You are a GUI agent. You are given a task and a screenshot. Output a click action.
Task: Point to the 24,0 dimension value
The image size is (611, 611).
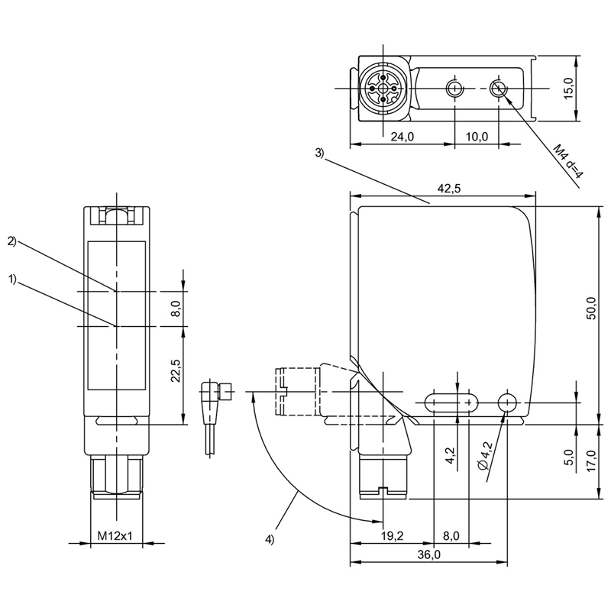point(400,137)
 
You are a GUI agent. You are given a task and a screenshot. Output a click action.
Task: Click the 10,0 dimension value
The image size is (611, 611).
point(477,137)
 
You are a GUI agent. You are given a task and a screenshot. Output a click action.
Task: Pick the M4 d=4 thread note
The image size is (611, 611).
point(567,161)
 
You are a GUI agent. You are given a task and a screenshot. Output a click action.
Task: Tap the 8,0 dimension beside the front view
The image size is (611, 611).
point(175,309)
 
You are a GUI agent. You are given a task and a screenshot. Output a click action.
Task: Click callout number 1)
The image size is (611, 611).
point(12,280)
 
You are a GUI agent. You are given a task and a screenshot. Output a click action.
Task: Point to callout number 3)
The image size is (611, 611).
point(320,153)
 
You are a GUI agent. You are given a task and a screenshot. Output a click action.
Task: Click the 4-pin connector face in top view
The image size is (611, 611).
point(380,89)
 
